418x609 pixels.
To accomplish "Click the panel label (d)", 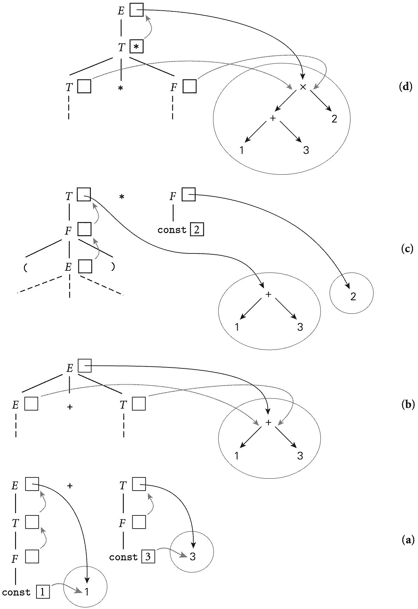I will pos(405,86).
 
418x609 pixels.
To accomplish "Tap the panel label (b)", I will pos(408,405).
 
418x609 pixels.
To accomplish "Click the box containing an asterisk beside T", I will pos(136,47).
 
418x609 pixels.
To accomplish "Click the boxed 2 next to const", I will pos(196,230).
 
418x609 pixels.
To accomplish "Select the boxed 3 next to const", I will pos(148,557).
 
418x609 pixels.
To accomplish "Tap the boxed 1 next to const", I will pos(43,592).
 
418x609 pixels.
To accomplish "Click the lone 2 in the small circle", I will pos(353,296).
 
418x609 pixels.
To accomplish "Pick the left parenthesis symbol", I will pos(25,268).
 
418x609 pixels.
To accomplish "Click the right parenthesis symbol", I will pos(113,267).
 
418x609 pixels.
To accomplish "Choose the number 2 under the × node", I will pos(334,119).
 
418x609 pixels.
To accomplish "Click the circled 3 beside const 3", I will pos(193,557).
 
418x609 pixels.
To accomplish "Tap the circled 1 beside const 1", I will pos(87,592).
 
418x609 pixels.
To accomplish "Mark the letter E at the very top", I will pos(121,11).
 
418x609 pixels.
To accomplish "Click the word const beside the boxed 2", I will pos(172,230).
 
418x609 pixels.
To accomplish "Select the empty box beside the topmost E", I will pos(136,10).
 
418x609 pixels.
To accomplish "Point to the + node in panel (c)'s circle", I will pos(268,294).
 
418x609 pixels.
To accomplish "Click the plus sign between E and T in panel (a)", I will pos(70,486).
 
